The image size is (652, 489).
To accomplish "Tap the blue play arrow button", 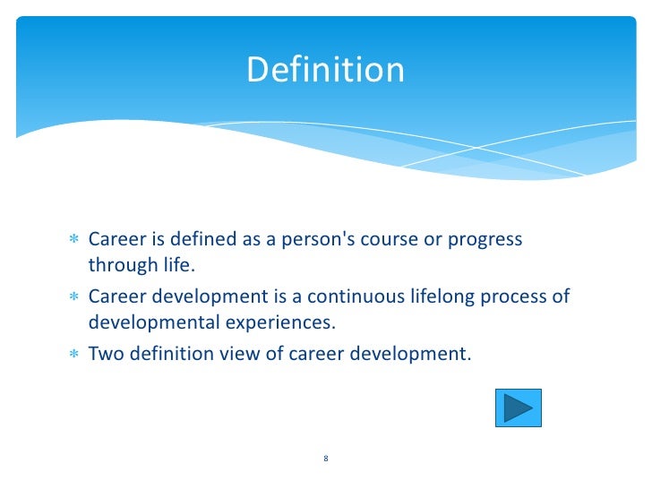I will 519,407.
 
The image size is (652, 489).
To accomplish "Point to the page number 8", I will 326,459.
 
